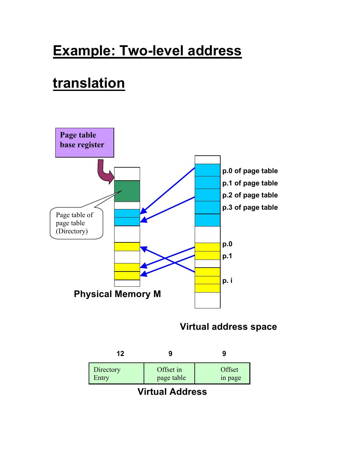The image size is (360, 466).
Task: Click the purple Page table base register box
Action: point(84,142)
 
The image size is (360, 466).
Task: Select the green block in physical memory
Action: point(127,191)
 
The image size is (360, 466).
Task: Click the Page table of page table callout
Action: point(76,223)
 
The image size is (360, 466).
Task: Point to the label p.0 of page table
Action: point(250,171)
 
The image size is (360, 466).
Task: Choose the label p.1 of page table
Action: point(250,183)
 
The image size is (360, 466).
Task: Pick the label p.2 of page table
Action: point(250,195)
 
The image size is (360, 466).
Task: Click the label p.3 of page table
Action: point(250,207)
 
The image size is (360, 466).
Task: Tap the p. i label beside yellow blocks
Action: point(227,281)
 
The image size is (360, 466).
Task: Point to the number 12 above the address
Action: point(120,354)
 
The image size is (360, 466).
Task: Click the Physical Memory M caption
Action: point(117,294)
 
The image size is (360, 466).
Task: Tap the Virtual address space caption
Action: point(228,327)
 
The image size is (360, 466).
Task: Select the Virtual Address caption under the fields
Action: point(172,392)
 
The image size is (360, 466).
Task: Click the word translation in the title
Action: point(89,83)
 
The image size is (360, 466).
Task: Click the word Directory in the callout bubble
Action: point(72,231)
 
